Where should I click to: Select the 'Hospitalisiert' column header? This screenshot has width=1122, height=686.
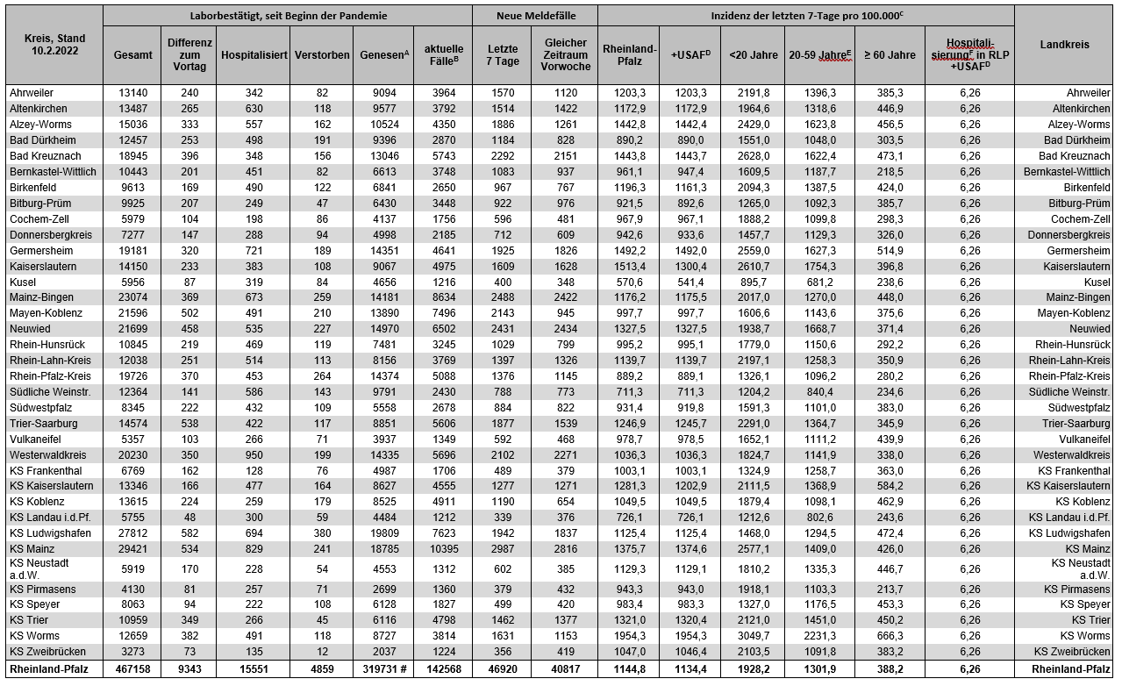click(x=254, y=54)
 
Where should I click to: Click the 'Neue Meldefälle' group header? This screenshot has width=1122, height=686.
click(x=534, y=16)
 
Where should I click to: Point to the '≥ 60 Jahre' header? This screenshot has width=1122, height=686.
click(x=890, y=54)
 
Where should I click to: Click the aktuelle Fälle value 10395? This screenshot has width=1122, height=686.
click(x=443, y=549)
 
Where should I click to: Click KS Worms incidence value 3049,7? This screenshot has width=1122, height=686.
click(x=752, y=636)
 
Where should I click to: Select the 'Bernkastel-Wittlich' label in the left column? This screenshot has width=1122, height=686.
click(x=53, y=171)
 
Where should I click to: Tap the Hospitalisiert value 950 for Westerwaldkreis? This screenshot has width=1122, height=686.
click(x=254, y=455)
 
